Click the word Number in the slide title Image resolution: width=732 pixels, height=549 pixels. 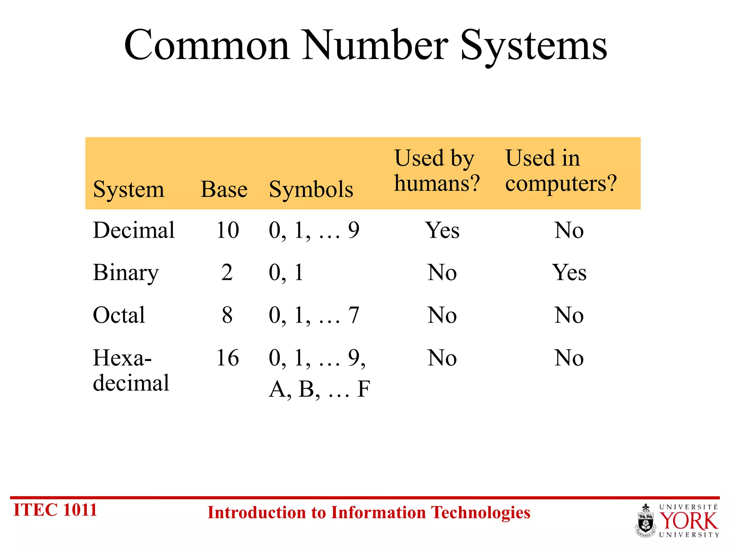pyautogui.click(x=375, y=45)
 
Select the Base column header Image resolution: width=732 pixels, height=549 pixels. pyautogui.click(x=224, y=189)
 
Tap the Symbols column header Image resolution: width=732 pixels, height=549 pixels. pyautogui.click(x=311, y=189)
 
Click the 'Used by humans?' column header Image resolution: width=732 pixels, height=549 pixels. pyautogui.click(x=436, y=171)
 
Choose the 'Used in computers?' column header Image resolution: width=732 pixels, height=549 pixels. pyautogui.click(x=561, y=171)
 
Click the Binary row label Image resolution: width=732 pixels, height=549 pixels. pyautogui.click(x=125, y=273)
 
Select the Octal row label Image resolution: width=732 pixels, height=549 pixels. pyautogui.click(x=119, y=315)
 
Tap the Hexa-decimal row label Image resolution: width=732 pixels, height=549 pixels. pyautogui.click(x=131, y=370)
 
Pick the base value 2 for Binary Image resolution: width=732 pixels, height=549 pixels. pyautogui.click(x=227, y=273)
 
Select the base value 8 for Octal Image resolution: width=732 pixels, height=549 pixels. pyautogui.click(x=227, y=315)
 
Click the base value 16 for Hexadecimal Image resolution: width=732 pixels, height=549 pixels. pyautogui.click(x=227, y=358)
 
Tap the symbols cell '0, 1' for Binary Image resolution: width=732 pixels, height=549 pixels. pyautogui.click(x=286, y=273)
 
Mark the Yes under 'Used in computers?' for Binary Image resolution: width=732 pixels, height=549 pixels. pyautogui.click(x=569, y=273)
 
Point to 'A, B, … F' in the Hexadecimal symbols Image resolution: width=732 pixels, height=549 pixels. pyautogui.click(x=320, y=389)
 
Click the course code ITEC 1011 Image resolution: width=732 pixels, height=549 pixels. pyautogui.click(x=55, y=510)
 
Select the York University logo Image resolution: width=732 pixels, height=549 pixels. pyautogui.click(x=678, y=520)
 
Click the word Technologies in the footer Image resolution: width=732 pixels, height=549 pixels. pyautogui.click(x=480, y=513)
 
